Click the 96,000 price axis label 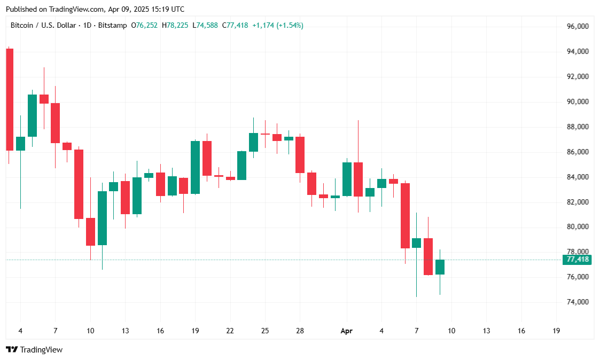tap(578, 26)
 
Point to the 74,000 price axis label tap(578, 302)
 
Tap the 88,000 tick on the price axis tap(578, 127)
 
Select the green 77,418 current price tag tap(578, 260)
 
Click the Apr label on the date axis tap(347, 331)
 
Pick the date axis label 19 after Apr tap(556, 331)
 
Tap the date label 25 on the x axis tap(265, 331)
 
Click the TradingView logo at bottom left tap(34, 349)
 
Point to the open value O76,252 tap(144, 25)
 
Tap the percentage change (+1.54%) tap(290, 25)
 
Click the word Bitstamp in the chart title tap(112, 25)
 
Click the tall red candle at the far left tap(9, 99)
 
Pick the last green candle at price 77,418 tap(440, 267)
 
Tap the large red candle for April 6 tap(405, 216)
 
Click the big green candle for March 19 tap(195, 167)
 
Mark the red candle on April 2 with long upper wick tap(358, 179)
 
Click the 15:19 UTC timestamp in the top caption tap(167, 9)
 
